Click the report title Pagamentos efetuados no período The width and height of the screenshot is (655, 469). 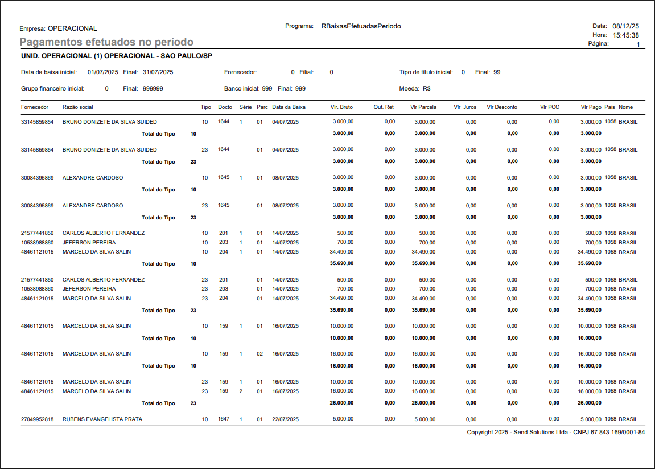tap(106, 42)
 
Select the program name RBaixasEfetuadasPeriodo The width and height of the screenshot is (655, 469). tap(361, 26)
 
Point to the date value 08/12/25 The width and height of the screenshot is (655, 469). tap(625, 26)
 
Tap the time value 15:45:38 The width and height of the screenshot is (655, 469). tap(625, 35)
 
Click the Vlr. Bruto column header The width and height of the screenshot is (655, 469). tap(341, 107)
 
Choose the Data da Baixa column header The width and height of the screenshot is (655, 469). tap(289, 107)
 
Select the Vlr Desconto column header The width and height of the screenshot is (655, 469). tap(502, 107)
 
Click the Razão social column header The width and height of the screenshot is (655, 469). tap(78, 107)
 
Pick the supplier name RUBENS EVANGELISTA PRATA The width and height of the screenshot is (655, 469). tap(102, 419)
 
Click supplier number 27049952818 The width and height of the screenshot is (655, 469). tap(37, 419)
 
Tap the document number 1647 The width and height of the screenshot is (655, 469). tap(224, 419)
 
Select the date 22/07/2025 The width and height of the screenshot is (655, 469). tap(285, 419)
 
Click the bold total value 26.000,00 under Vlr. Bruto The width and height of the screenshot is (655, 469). tap(341, 403)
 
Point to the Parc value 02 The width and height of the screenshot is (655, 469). tap(259, 354)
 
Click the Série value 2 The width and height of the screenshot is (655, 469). tap(241, 391)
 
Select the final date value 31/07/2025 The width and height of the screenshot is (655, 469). tap(158, 72)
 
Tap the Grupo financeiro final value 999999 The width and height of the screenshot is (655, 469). tap(153, 89)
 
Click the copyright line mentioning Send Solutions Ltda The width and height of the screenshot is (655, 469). tap(555, 433)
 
